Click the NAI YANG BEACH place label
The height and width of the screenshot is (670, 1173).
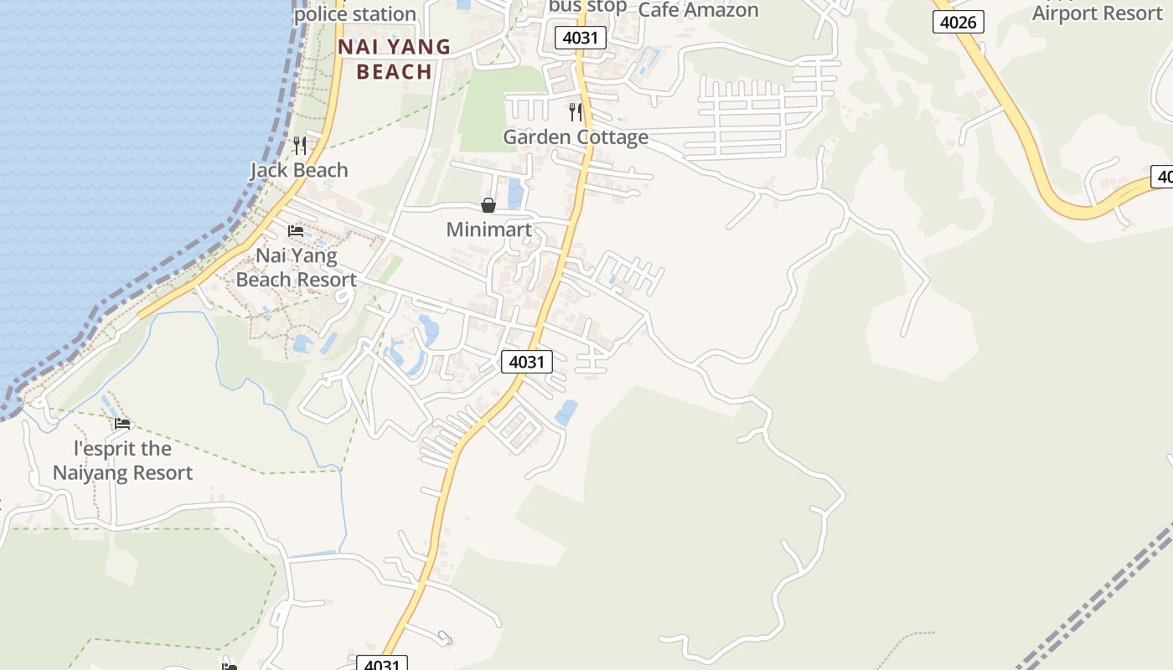click(394, 59)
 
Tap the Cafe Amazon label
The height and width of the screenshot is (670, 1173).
click(698, 10)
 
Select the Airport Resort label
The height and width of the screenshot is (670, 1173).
click(1098, 13)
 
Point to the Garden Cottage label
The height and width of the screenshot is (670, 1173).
click(576, 137)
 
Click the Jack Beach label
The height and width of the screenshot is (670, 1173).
click(299, 170)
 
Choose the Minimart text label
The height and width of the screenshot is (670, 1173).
click(489, 229)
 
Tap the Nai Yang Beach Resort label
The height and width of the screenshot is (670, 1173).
click(296, 267)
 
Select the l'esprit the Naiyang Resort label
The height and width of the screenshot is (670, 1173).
click(123, 461)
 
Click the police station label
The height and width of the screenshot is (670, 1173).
click(355, 13)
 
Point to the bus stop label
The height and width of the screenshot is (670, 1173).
click(587, 7)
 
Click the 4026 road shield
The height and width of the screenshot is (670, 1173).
click(958, 22)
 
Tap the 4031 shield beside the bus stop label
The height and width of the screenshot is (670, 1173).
click(580, 38)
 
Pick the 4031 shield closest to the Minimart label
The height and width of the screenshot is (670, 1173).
click(527, 362)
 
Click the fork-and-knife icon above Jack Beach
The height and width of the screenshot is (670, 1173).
click(300, 146)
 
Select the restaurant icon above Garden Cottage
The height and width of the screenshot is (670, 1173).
click(576, 111)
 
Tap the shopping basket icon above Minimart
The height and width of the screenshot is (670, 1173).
click(488, 205)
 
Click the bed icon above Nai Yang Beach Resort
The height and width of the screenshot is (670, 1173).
click(296, 231)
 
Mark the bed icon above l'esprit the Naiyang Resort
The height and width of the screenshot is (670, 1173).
click(123, 424)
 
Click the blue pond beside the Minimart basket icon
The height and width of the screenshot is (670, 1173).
click(514, 194)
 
